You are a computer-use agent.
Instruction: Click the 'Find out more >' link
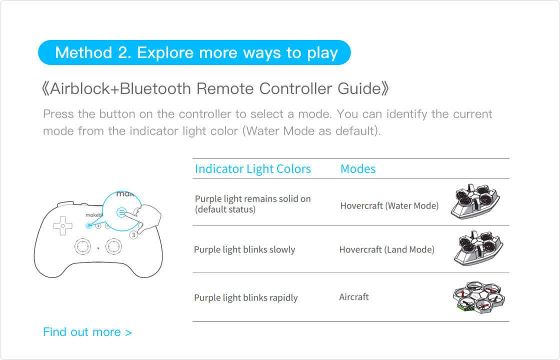pos(87,332)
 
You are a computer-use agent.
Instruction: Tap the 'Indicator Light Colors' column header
pos(253,169)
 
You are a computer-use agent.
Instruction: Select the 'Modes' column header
pos(358,169)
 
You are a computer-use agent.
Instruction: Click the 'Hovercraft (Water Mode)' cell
pos(389,205)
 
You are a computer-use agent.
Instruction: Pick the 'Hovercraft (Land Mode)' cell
pos(387,249)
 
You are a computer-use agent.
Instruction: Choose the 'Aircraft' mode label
pos(353,297)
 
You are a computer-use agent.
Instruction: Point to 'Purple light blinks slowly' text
pos(244,249)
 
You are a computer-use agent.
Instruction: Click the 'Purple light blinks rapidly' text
pos(245,297)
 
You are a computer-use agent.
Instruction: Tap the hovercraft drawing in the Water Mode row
pos(475,202)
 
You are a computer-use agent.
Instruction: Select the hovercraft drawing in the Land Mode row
pos(478,248)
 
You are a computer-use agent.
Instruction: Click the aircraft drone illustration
pos(479,297)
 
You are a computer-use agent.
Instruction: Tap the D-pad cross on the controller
pos(62,225)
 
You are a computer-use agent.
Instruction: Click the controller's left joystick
pos(82,246)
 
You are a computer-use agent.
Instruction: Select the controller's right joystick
pos(113,246)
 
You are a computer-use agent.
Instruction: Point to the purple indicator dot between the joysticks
pos(98,248)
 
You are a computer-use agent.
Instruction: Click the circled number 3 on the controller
pos(133,234)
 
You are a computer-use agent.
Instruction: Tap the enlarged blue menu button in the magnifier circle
pos(121,212)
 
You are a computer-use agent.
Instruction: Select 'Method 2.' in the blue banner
pos(93,52)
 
